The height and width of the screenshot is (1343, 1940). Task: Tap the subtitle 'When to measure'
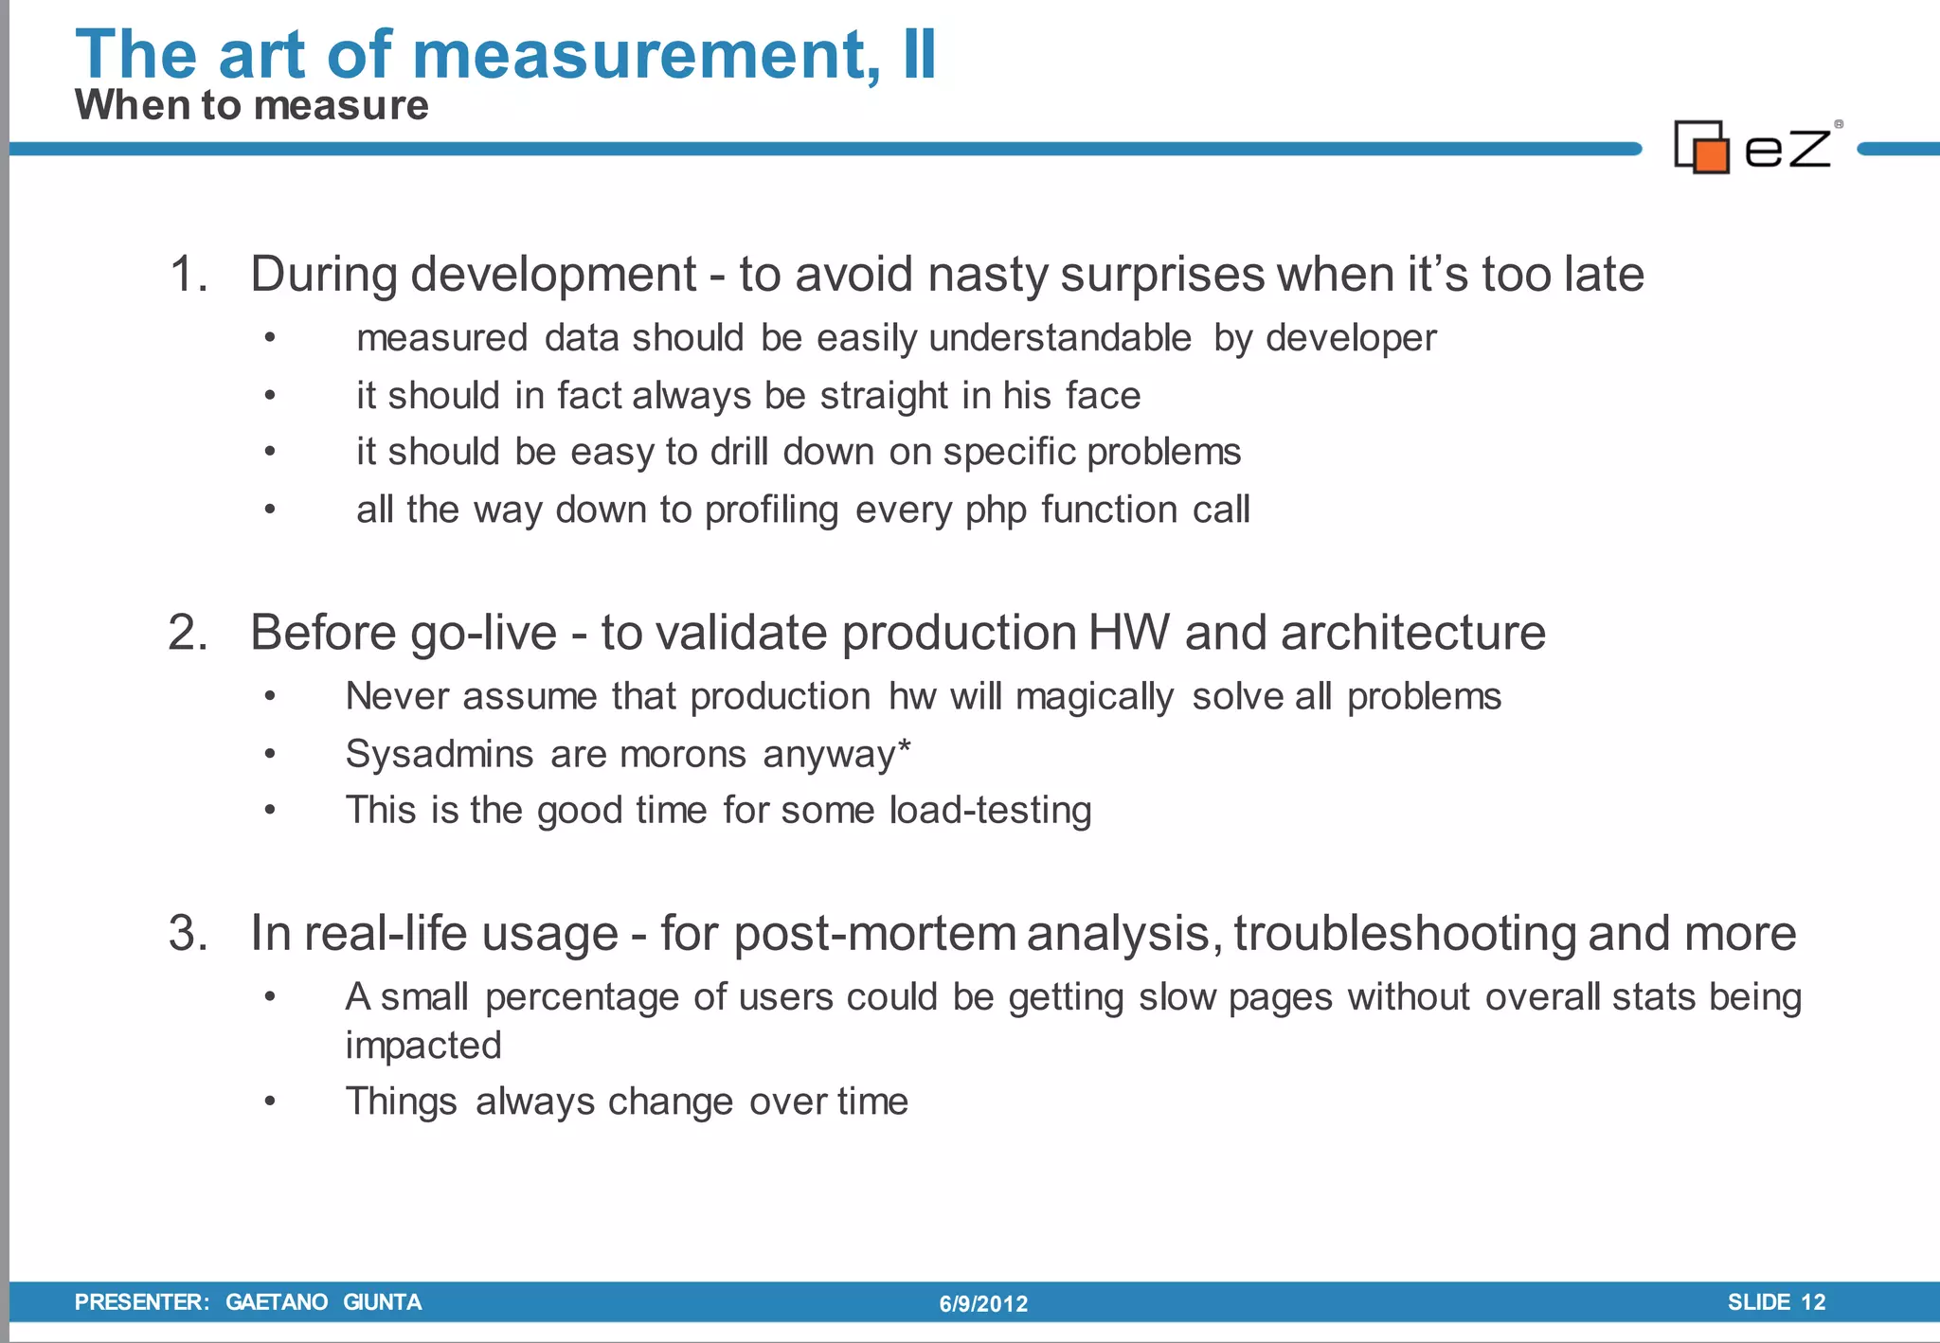251,105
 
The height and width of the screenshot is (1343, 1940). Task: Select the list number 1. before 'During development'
189,275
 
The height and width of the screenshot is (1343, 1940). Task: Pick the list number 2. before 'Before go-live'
188,633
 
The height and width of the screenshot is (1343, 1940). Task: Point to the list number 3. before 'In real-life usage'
188,933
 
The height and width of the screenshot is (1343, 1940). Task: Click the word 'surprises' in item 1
1161,275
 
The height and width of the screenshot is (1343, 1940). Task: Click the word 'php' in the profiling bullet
996,510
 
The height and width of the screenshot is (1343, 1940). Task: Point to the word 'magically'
1094,697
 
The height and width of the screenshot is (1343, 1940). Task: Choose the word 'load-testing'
990,811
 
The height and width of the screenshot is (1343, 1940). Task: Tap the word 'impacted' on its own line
423,1046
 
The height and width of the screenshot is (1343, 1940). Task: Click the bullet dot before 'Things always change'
270,1101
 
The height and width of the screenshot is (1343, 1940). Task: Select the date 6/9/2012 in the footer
983,1304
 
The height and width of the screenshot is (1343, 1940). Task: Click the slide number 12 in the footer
1812,1302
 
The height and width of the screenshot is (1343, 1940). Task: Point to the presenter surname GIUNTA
382,1302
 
